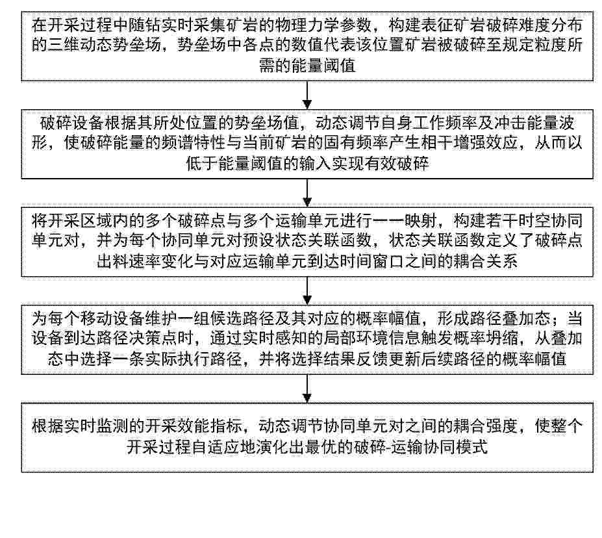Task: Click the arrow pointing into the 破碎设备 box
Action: pyautogui.click(x=307, y=96)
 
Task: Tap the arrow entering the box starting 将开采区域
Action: pyautogui.click(x=307, y=193)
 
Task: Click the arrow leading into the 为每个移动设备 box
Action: pyautogui.click(x=307, y=290)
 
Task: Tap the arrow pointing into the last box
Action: pyautogui.click(x=307, y=389)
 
